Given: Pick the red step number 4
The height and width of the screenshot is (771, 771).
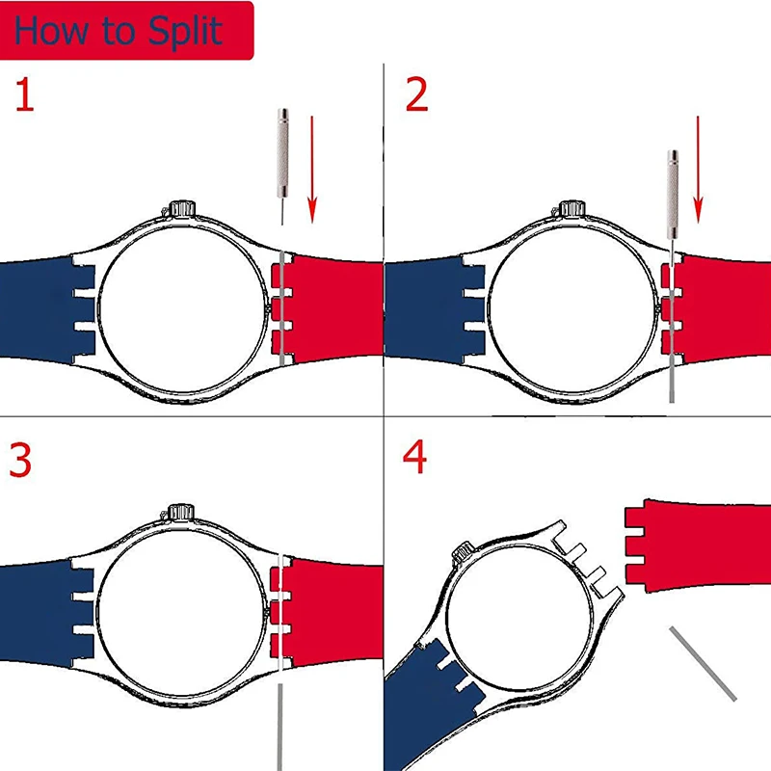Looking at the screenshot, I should coord(415,460).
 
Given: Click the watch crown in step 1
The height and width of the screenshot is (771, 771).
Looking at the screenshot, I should coord(183,209).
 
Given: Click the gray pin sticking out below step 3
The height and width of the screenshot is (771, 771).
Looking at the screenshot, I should coord(281,723).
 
